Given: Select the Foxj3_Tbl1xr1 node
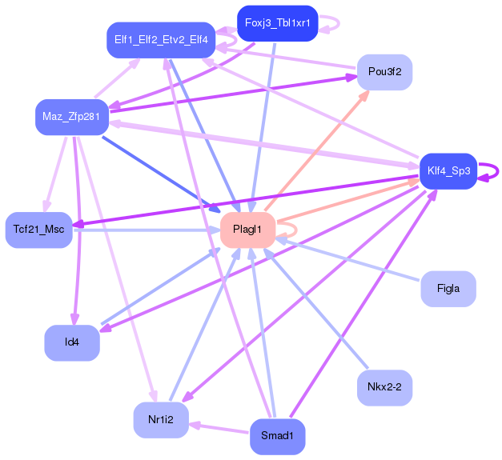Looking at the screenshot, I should click(x=278, y=23).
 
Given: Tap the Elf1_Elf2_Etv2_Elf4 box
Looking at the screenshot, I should click(x=161, y=40).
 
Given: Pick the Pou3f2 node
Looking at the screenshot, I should click(x=384, y=72).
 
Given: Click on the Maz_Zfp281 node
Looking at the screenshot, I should click(x=71, y=118).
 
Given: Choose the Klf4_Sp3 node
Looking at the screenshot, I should click(x=448, y=170).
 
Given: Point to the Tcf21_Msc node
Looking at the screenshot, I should click(x=38, y=230).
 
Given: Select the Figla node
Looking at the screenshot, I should click(x=448, y=288).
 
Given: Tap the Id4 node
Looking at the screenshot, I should click(x=71, y=342).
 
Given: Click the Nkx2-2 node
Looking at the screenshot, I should click(x=384, y=387).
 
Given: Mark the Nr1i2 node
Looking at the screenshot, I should click(x=161, y=419).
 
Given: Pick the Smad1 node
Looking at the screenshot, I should click(x=277, y=437).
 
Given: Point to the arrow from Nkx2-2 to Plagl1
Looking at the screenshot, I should click(x=320, y=312).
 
